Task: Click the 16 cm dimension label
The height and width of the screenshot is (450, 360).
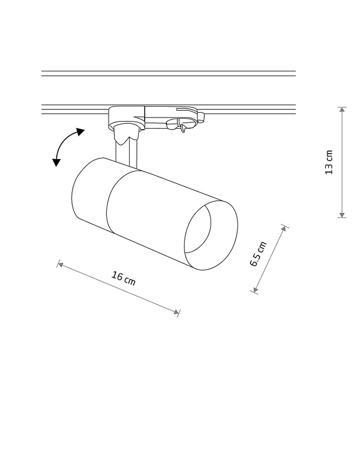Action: pos(123,279)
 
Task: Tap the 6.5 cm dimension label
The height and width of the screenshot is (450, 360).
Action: pos(258,254)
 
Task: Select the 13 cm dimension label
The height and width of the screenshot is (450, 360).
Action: pos(328,162)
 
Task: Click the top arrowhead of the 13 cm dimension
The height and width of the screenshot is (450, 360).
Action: pos(342,110)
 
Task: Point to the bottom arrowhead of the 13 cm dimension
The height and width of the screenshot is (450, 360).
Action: pos(342,215)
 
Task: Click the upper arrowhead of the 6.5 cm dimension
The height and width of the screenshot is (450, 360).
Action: pos(284,229)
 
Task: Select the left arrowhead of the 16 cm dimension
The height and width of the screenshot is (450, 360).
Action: pos(61,265)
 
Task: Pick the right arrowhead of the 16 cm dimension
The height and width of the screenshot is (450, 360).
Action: pos(176,312)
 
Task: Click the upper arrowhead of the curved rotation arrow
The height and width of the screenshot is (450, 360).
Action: pos(80,132)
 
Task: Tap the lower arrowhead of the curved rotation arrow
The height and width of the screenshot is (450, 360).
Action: pos(56,162)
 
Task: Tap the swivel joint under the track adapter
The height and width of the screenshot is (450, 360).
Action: pos(126,133)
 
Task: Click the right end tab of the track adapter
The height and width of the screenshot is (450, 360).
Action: pos(202,117)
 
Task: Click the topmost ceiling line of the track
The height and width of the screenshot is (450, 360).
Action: pos(168,71)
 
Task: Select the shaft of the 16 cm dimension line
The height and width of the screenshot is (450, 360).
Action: pos(118,288)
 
